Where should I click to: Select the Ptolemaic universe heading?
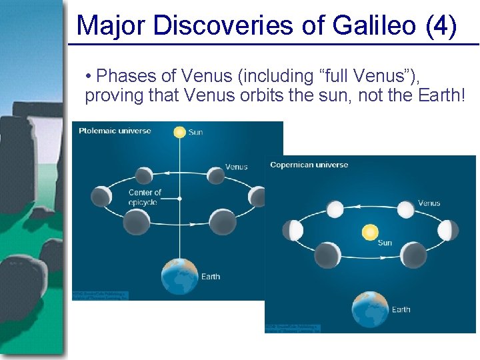point(115,131)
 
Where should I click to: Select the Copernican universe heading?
point(309,165)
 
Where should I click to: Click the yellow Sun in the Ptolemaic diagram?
point(179,132)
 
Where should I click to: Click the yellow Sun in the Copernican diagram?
point(369,232)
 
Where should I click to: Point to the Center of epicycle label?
point(145,197)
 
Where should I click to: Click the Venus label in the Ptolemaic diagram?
point(236,167)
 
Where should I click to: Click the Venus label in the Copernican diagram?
point(429,203)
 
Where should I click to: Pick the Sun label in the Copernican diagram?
point(385,243)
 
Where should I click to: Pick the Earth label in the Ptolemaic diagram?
point(210,277)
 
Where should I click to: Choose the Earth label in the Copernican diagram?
point(401,309)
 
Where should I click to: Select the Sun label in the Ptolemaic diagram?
point(195,133)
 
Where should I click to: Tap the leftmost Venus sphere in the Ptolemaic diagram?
point(101,196)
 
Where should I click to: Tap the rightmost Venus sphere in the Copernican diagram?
point(449,230)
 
